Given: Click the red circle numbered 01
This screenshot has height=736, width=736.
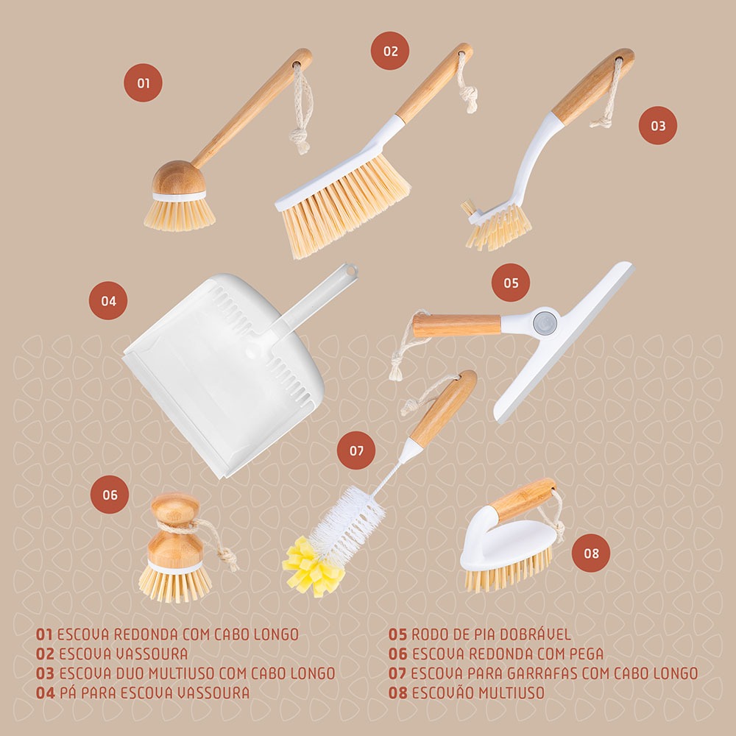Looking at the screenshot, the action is click(144, 83).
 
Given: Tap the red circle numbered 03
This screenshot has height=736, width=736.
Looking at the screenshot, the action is click(657, 125).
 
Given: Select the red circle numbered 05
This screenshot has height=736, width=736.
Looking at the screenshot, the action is click(511, 283).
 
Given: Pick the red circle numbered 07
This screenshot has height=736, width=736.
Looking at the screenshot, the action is click(356, 450).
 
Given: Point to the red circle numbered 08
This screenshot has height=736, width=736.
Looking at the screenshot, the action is click(591, 553).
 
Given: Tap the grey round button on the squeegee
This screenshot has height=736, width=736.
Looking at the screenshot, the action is click(545, 322).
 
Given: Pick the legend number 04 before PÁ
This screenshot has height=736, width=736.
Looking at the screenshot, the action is click(45, 693).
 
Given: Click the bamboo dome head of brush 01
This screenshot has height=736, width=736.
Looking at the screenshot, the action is click(178, 177).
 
